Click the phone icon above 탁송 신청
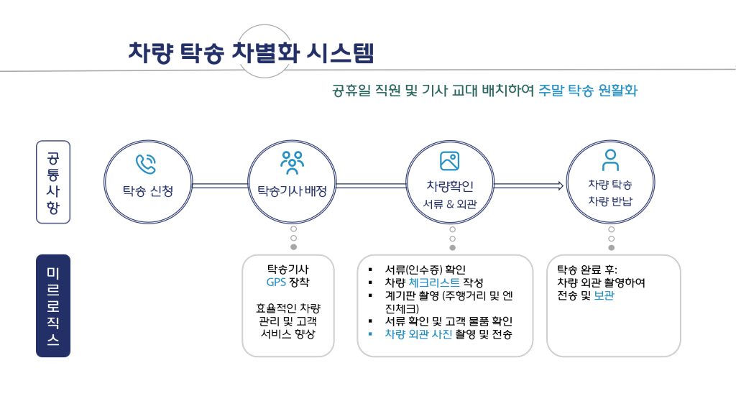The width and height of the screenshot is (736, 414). tap(147, 164)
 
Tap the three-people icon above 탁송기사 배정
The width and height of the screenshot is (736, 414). tap(292, 163)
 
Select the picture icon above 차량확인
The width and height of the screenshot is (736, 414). tap(449, 161)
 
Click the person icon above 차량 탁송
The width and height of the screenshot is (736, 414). tap(610, 160)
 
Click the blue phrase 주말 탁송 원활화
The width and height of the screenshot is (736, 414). tap(588, 91)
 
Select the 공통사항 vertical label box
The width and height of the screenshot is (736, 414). tap(53, 183)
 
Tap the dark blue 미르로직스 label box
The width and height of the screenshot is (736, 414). tap(53, 305)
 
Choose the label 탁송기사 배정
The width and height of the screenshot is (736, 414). tap(292, 191)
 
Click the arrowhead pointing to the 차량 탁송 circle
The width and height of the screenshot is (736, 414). tap(560, 186)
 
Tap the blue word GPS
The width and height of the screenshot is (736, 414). tap(276, 282)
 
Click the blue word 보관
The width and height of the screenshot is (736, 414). tap(604, 295)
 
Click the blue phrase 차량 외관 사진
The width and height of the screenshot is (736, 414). tap(418, 333)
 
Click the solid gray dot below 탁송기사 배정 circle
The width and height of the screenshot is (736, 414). tap(293, 247)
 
